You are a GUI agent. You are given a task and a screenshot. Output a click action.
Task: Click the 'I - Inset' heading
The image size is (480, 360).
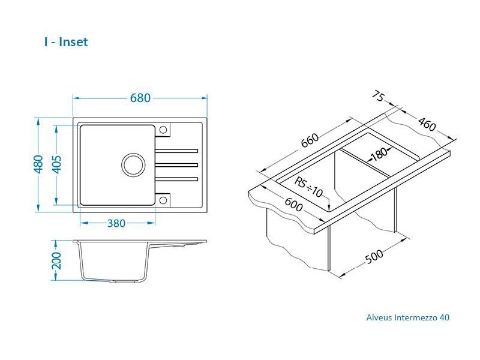[66, 42]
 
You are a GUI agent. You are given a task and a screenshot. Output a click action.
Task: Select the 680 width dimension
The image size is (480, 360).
[140, 98]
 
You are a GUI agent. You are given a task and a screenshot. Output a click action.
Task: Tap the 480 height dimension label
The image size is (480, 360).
[38, 164]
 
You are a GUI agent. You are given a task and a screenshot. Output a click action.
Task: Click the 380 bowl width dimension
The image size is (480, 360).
[116, 223]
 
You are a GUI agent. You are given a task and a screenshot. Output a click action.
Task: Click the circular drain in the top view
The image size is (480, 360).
[134, 164]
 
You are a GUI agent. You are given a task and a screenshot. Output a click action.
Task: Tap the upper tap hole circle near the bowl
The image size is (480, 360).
[164, 130]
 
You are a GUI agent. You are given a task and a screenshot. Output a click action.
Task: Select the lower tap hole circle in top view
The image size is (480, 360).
[164, 199]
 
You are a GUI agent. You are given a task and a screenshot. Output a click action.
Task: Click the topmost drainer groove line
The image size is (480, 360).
[178, 149]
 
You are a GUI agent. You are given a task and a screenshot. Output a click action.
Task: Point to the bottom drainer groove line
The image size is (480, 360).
[178, 178]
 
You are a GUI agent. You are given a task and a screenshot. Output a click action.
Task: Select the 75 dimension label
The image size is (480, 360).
[379, 96]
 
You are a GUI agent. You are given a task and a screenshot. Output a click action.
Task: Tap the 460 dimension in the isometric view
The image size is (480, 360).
[427, 124]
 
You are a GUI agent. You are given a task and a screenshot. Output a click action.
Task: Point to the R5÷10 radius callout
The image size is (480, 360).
[309, 187]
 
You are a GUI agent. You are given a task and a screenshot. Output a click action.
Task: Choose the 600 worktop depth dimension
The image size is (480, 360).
[293, 204]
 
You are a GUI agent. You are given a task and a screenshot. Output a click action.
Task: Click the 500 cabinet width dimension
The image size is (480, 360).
[374, 256]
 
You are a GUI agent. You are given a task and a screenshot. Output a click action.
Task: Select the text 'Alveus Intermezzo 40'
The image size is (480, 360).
[407, 317]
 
